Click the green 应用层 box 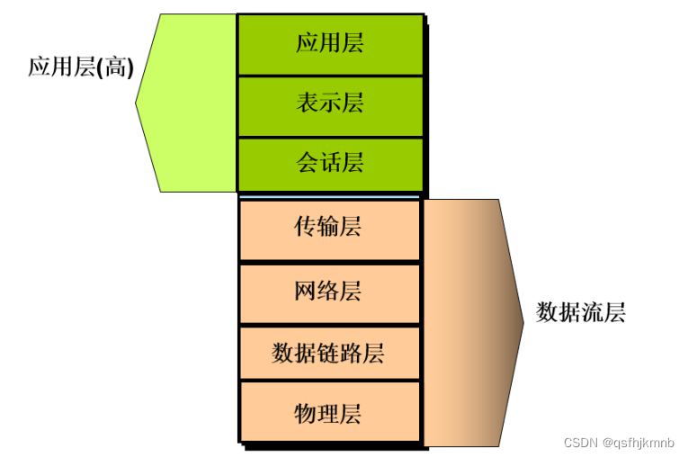329,43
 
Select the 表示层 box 329,103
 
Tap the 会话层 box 329,163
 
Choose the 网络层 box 329,292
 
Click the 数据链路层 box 329,352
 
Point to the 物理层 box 329,414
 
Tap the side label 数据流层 580,313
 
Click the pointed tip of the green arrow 137,103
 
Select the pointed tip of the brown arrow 523,321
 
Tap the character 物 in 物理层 306,414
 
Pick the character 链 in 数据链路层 328,352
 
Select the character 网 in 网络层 306,292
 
